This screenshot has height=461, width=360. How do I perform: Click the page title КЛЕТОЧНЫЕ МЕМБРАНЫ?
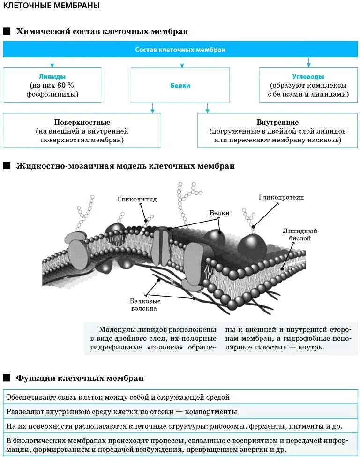tap(52, 7)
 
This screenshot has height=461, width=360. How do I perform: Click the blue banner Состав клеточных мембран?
tap(180, 50)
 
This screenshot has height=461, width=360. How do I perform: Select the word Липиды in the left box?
tap(52, 76)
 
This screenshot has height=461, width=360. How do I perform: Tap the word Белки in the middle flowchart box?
tap(180, 86)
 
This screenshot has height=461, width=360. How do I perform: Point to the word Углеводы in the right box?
tap(308, 76)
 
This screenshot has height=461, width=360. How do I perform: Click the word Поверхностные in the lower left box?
tap(82, 122)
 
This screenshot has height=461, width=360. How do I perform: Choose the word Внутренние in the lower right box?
tap(277, 122)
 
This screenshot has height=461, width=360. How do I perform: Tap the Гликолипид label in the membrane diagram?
tap(137, 199)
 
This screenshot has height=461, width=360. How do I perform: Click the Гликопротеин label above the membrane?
tap(281, 197)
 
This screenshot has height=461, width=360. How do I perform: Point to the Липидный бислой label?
tap(300, 235)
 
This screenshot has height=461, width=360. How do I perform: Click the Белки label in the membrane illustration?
tap(219, 213)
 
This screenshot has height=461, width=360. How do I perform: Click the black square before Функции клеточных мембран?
tap(7, 378)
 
